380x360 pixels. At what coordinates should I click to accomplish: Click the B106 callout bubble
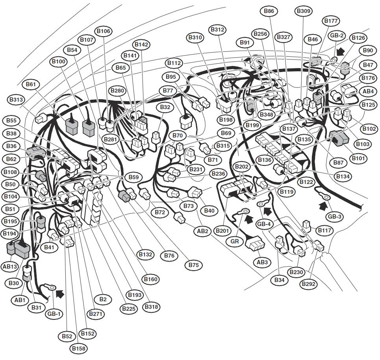[104, 31]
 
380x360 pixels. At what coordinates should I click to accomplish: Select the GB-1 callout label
[54, 314]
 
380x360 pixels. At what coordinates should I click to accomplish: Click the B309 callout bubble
[304, 11]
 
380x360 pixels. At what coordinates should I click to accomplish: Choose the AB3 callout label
[262, 262]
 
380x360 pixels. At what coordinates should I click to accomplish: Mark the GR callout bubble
[235, 241]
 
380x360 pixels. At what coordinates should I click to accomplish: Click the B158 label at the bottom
[79, 349]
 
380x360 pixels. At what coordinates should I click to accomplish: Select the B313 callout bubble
[16, 99]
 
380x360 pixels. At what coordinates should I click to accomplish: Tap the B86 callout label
[269, 11]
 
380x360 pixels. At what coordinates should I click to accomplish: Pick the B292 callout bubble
[308, 284]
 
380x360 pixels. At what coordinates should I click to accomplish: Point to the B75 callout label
[194, 265]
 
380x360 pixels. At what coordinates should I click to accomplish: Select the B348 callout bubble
[266, 114]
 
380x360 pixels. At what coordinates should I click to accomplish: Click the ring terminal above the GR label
[245, 212]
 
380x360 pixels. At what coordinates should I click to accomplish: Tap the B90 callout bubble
[368, 50]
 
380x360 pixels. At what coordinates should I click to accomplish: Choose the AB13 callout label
[10, 267]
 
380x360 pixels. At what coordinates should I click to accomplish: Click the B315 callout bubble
[223, 146]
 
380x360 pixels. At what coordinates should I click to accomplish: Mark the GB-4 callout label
[264, 224]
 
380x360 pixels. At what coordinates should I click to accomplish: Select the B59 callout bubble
[133, 177]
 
